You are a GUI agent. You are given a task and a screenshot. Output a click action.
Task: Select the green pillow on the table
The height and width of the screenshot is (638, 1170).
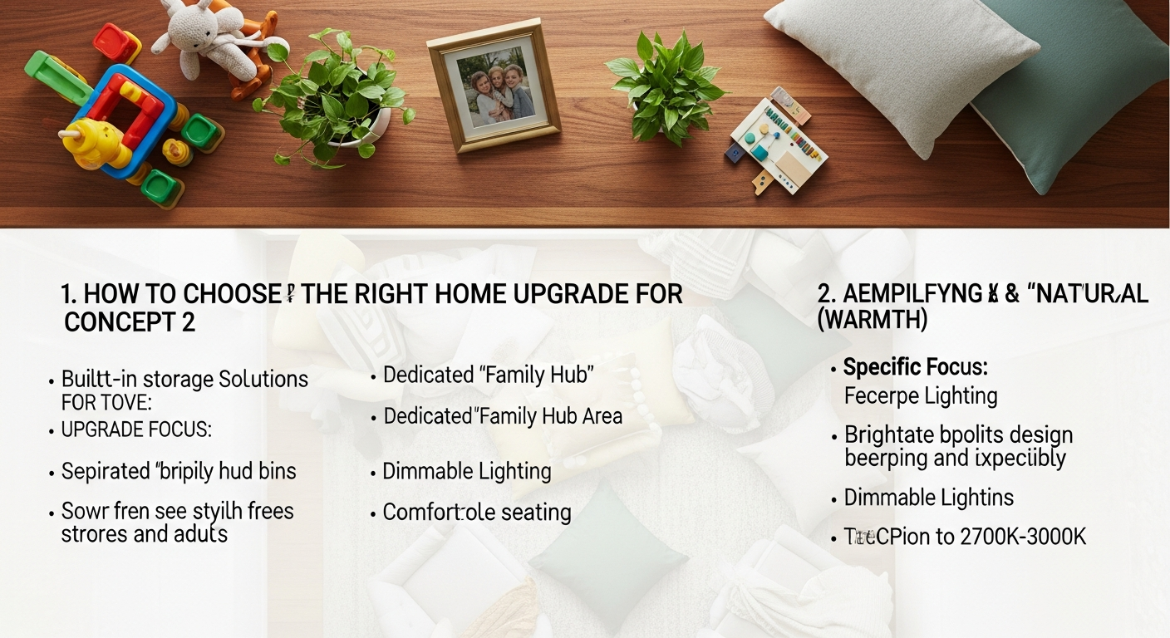point(1072,91)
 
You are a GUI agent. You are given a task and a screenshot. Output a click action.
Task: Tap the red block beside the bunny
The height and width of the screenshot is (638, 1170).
point(116,42)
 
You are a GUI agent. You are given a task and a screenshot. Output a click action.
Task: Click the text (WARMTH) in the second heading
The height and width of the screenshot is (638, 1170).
point(873,320)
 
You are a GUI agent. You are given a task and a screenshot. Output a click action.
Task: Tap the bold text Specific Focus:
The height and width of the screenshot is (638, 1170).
point(915,367)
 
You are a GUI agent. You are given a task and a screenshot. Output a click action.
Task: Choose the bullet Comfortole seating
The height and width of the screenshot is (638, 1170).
point(476,512)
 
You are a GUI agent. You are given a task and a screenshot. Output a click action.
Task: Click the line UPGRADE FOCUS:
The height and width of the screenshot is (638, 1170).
point(136,430)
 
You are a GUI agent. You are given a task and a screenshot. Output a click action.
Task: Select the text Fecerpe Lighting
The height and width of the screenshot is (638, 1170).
point(920,395)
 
